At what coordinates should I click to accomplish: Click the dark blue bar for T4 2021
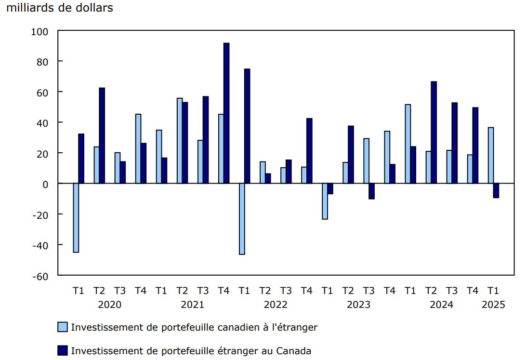226,113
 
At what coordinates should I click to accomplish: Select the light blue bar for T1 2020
76,218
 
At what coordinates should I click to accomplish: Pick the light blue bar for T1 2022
242,219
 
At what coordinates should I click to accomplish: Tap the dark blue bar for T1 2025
496,191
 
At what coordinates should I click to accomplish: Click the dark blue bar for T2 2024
434,133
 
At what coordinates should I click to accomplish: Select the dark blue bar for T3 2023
371,191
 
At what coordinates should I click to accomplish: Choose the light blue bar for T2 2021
180,141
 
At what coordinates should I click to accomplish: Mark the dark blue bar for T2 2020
102,135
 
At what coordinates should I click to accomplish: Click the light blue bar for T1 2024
408,144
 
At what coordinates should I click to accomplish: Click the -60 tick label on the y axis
40,276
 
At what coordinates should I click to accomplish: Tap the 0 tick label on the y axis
45,184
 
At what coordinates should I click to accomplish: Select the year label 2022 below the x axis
276,305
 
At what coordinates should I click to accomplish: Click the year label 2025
493,305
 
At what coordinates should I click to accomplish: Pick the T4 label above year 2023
389,291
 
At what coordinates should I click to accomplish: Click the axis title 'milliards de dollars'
60,8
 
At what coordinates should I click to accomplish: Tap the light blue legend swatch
63,327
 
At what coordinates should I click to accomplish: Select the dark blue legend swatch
63,350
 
